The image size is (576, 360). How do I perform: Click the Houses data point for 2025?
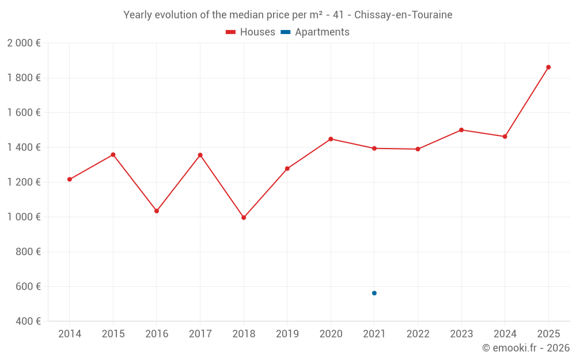point(548,67)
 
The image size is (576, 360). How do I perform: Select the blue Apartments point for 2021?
point(374,293)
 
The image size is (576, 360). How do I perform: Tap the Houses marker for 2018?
point(244,218)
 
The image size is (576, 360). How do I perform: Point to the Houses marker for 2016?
point(157,211)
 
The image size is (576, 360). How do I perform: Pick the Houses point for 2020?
point(331,139)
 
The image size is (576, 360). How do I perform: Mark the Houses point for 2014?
point(70,179)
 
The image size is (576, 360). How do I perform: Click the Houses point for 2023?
point(461,130)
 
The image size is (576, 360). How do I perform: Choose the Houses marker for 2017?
point(200,155)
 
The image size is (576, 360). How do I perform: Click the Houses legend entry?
point(251,32)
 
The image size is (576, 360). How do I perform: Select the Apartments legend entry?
point(315,32)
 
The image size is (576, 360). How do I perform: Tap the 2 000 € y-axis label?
point(24,43)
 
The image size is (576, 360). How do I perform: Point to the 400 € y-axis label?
point(27,321)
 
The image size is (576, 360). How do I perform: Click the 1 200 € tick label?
point(24,182)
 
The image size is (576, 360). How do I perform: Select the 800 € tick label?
point(27,252)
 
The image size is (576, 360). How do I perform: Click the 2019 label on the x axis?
point(287,334)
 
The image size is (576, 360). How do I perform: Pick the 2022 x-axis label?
point(418,334)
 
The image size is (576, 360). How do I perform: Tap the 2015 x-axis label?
point(113,334)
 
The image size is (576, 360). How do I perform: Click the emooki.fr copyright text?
point(526,348)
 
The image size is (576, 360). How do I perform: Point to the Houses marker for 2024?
point(505,137)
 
